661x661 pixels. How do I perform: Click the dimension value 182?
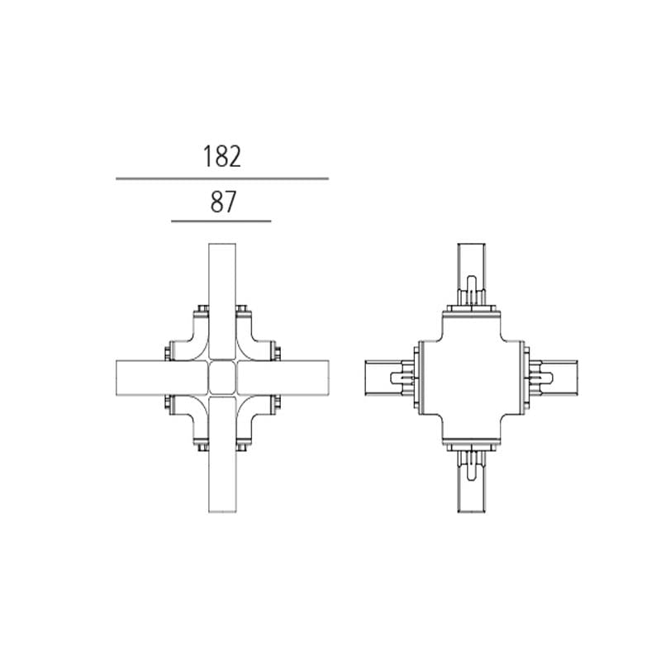click(x=222, y=156)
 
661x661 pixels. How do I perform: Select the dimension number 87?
click(x=222, y=202)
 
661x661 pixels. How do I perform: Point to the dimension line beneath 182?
click(x=222, y=178)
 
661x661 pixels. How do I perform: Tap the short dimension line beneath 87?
click(x=221, y=221)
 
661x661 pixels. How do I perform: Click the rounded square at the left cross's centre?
click(x=222, y=378)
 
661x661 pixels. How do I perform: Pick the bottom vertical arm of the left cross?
click(x=222, y=471)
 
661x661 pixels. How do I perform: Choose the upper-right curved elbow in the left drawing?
click(x=253, y=340)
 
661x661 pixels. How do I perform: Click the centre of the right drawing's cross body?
click(x=471, y=378)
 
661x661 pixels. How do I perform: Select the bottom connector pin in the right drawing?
click(x=471, y=464)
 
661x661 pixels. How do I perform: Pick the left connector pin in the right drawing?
click(x=395, y=378)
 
